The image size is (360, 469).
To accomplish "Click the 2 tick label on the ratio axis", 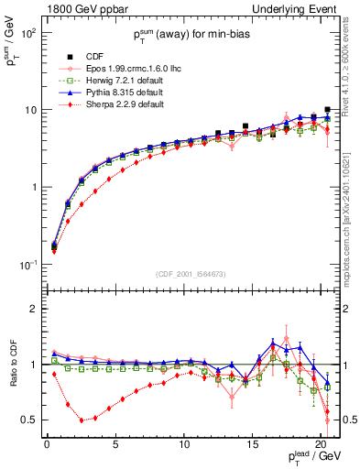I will click(x=31, y=309).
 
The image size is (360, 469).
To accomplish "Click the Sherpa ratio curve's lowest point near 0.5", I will click(x=82, y=420).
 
